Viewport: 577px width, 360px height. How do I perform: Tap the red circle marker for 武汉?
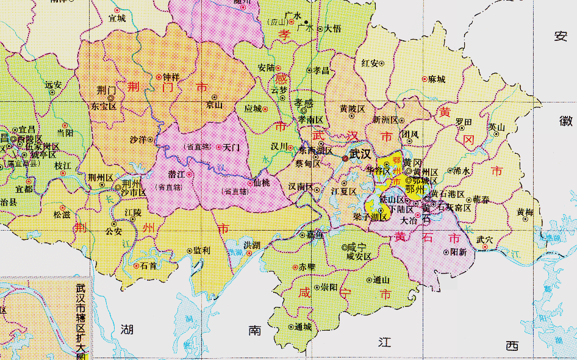point(345,158)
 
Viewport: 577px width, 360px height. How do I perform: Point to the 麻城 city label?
point(437,79)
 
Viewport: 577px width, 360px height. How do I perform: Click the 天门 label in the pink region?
point(231,147)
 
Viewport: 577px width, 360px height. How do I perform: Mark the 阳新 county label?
point(459,251)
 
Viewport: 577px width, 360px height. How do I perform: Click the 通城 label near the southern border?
point(303,326)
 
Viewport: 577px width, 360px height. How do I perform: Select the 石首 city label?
point(148,265)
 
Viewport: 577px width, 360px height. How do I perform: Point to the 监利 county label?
point(202,250)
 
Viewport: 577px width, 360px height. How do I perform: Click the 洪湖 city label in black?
point(252,245)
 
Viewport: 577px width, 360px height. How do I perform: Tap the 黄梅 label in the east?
point(525,212)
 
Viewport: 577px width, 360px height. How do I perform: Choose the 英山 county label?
point(496,127)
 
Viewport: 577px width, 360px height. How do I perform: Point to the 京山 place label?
point(214,104)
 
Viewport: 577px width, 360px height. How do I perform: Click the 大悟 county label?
point(332,28)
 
